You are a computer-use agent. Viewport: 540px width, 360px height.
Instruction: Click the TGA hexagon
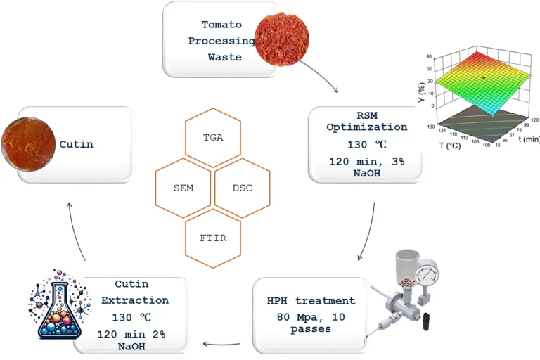coord(212,136)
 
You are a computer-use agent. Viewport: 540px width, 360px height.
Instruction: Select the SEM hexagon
coord(183,188)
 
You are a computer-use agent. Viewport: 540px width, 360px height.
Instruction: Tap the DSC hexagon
coord(242,188)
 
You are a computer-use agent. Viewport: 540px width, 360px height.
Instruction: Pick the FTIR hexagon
coord(212,239)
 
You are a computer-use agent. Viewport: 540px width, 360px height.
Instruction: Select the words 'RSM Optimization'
coord(366,121)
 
